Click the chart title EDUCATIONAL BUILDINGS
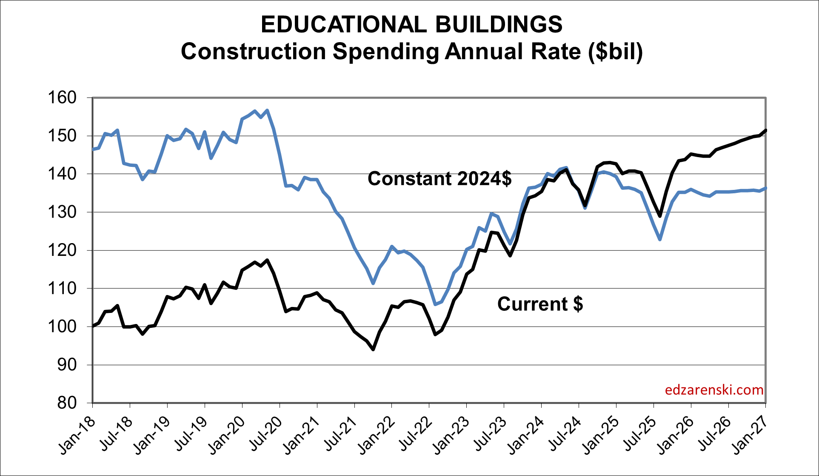[x=411, y=24]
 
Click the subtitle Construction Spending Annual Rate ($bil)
[x=411, y=52]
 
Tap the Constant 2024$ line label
[x=439, y=178]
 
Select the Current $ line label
[x=540, y=304]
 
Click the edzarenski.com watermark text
[x=714, y=390]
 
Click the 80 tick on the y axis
[x=67, y=403]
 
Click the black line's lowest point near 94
[x=373, y=350]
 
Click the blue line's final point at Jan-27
[x=765, y=188]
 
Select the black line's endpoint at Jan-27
[x=765, y=130]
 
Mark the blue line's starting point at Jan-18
[x=93, y=149]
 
